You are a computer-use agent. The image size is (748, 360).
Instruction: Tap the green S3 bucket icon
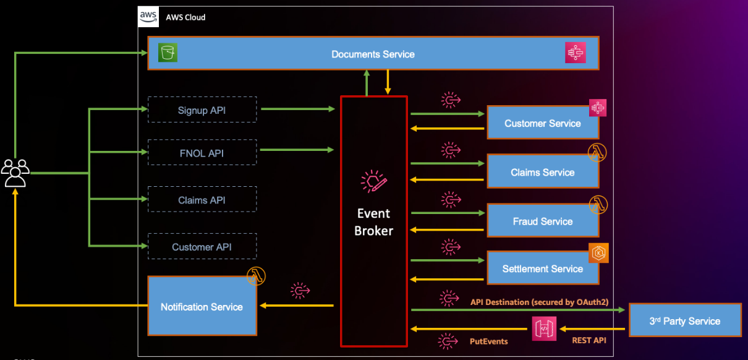click(x=168, y=53)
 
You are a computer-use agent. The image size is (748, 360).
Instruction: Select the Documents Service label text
click(x=373, y=54)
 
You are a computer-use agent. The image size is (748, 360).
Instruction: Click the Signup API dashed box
click(x=202, y=109)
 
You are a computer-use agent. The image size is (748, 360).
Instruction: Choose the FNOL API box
click(x=202, y=152)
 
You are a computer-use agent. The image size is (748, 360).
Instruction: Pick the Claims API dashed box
click(x=202, y=200)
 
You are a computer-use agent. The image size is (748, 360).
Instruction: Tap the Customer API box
click(x=202, y=247)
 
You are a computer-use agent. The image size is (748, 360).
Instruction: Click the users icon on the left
click(x=15, y=173)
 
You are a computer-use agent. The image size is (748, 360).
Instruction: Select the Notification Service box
click(x=202, y=307)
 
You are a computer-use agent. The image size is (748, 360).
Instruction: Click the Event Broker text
click(x=373, y=222)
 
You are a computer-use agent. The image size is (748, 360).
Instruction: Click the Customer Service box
click(x=542, y=123)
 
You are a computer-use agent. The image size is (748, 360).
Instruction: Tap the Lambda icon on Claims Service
click(x=597, y=153)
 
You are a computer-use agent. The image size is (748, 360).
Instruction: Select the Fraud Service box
click(x=542, y=221)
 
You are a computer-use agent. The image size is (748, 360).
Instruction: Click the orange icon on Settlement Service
click(x=598, y=253)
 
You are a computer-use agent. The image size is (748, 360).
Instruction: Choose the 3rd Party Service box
click(x=684, y=320)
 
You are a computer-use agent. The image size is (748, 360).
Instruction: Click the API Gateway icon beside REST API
click(x=544, y=328)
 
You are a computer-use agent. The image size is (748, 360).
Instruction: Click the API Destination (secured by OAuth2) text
click(x=539, y=302)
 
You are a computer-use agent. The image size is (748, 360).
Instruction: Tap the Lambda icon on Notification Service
click(x=256, y=276)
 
